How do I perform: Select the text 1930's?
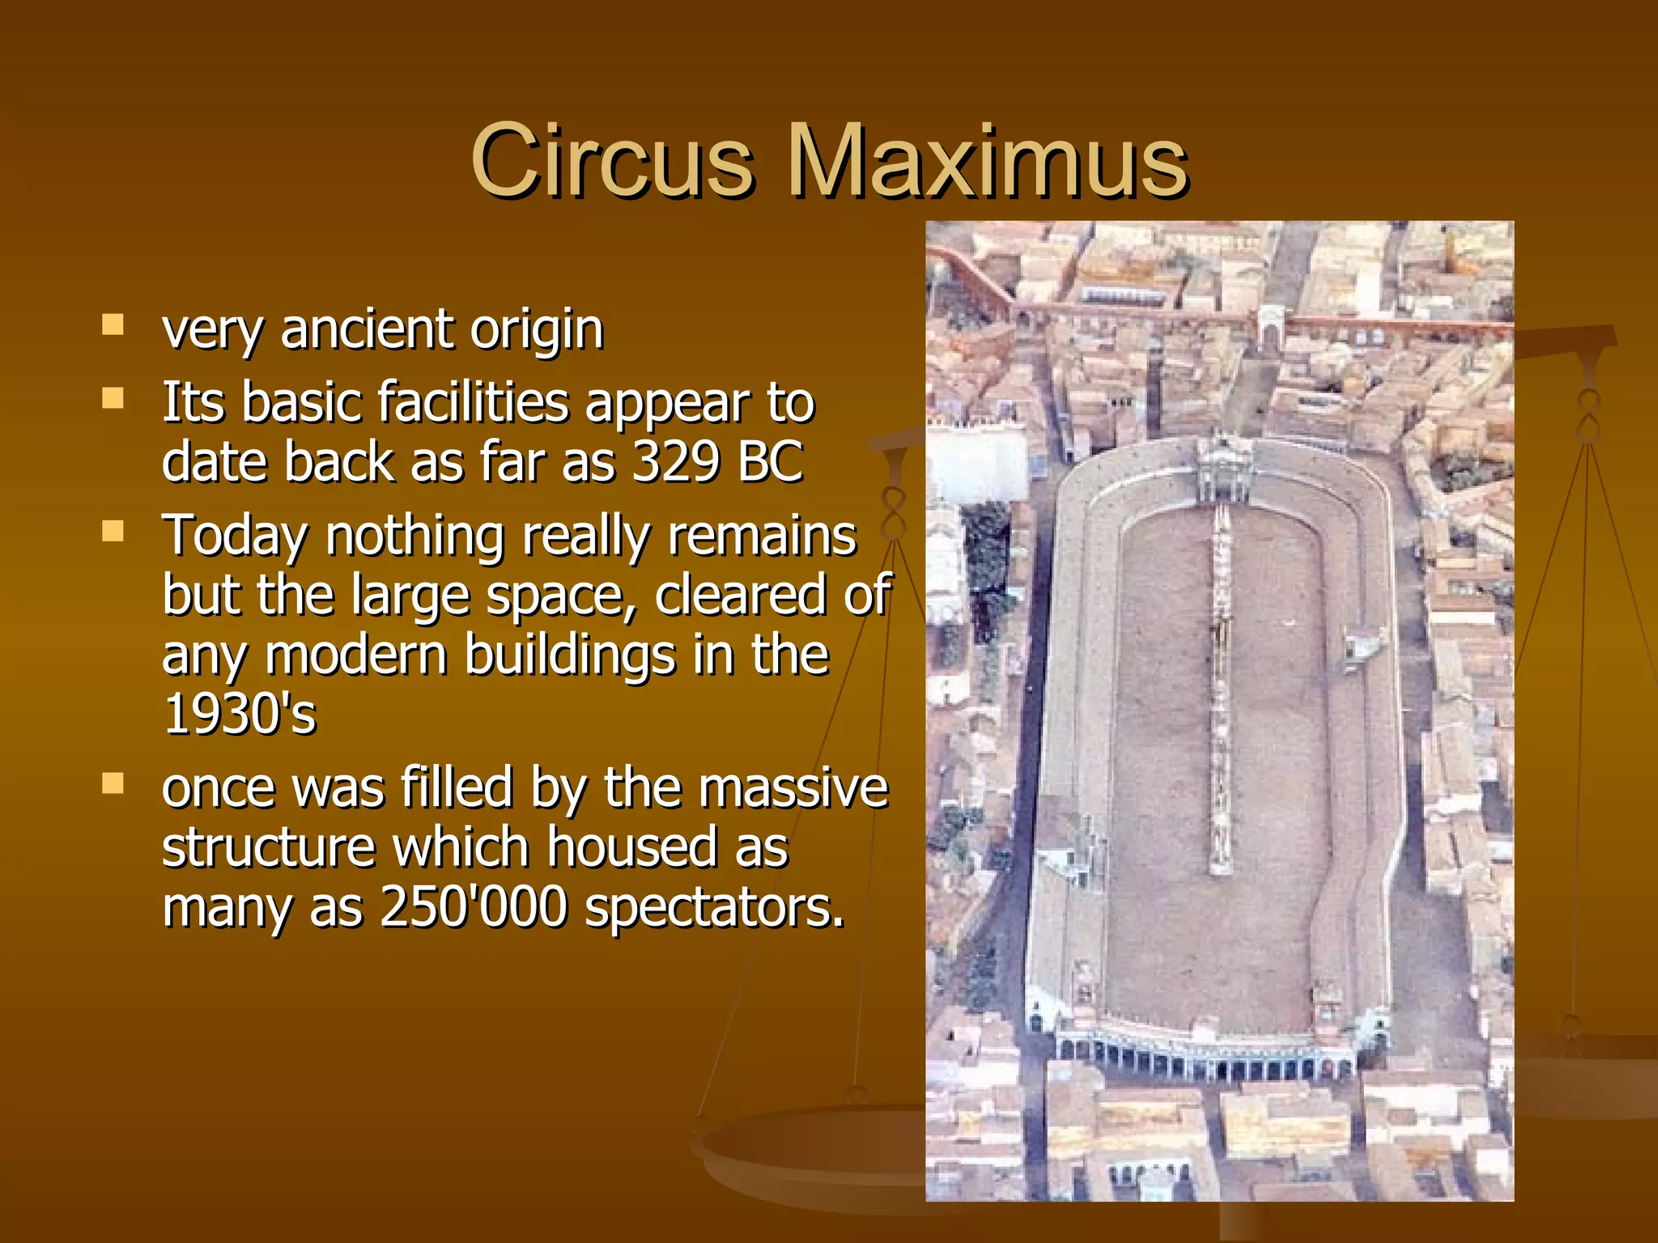(240, 714)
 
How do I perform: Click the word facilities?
(474, 402)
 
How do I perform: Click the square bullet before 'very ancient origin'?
(113, 325)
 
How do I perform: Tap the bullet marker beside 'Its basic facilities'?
(113, 398)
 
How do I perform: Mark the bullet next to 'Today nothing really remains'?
(113, 532)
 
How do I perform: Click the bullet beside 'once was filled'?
(113, 783)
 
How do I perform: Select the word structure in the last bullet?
(269, 847)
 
